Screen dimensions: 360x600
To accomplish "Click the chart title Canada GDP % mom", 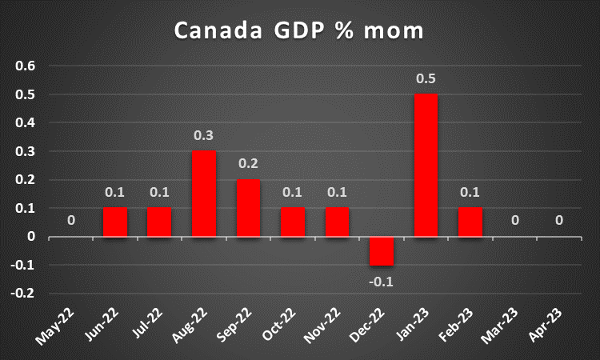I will point(299,31).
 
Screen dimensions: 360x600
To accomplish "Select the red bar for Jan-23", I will point(426,165).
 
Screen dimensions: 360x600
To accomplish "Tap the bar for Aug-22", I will point(203,193).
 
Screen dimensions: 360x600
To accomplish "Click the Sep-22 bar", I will point(248,207).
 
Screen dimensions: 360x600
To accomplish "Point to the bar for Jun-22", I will point(115,222).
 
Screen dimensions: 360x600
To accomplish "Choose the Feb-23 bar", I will point(470,222).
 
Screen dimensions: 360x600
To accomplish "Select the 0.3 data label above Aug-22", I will point(203,135).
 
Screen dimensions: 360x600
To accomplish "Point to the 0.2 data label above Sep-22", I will point(248,163).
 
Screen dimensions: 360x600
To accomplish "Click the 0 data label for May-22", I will point(71,220).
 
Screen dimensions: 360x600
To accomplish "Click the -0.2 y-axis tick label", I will point(24,294).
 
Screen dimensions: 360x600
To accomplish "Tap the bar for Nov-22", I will point(337,222).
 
